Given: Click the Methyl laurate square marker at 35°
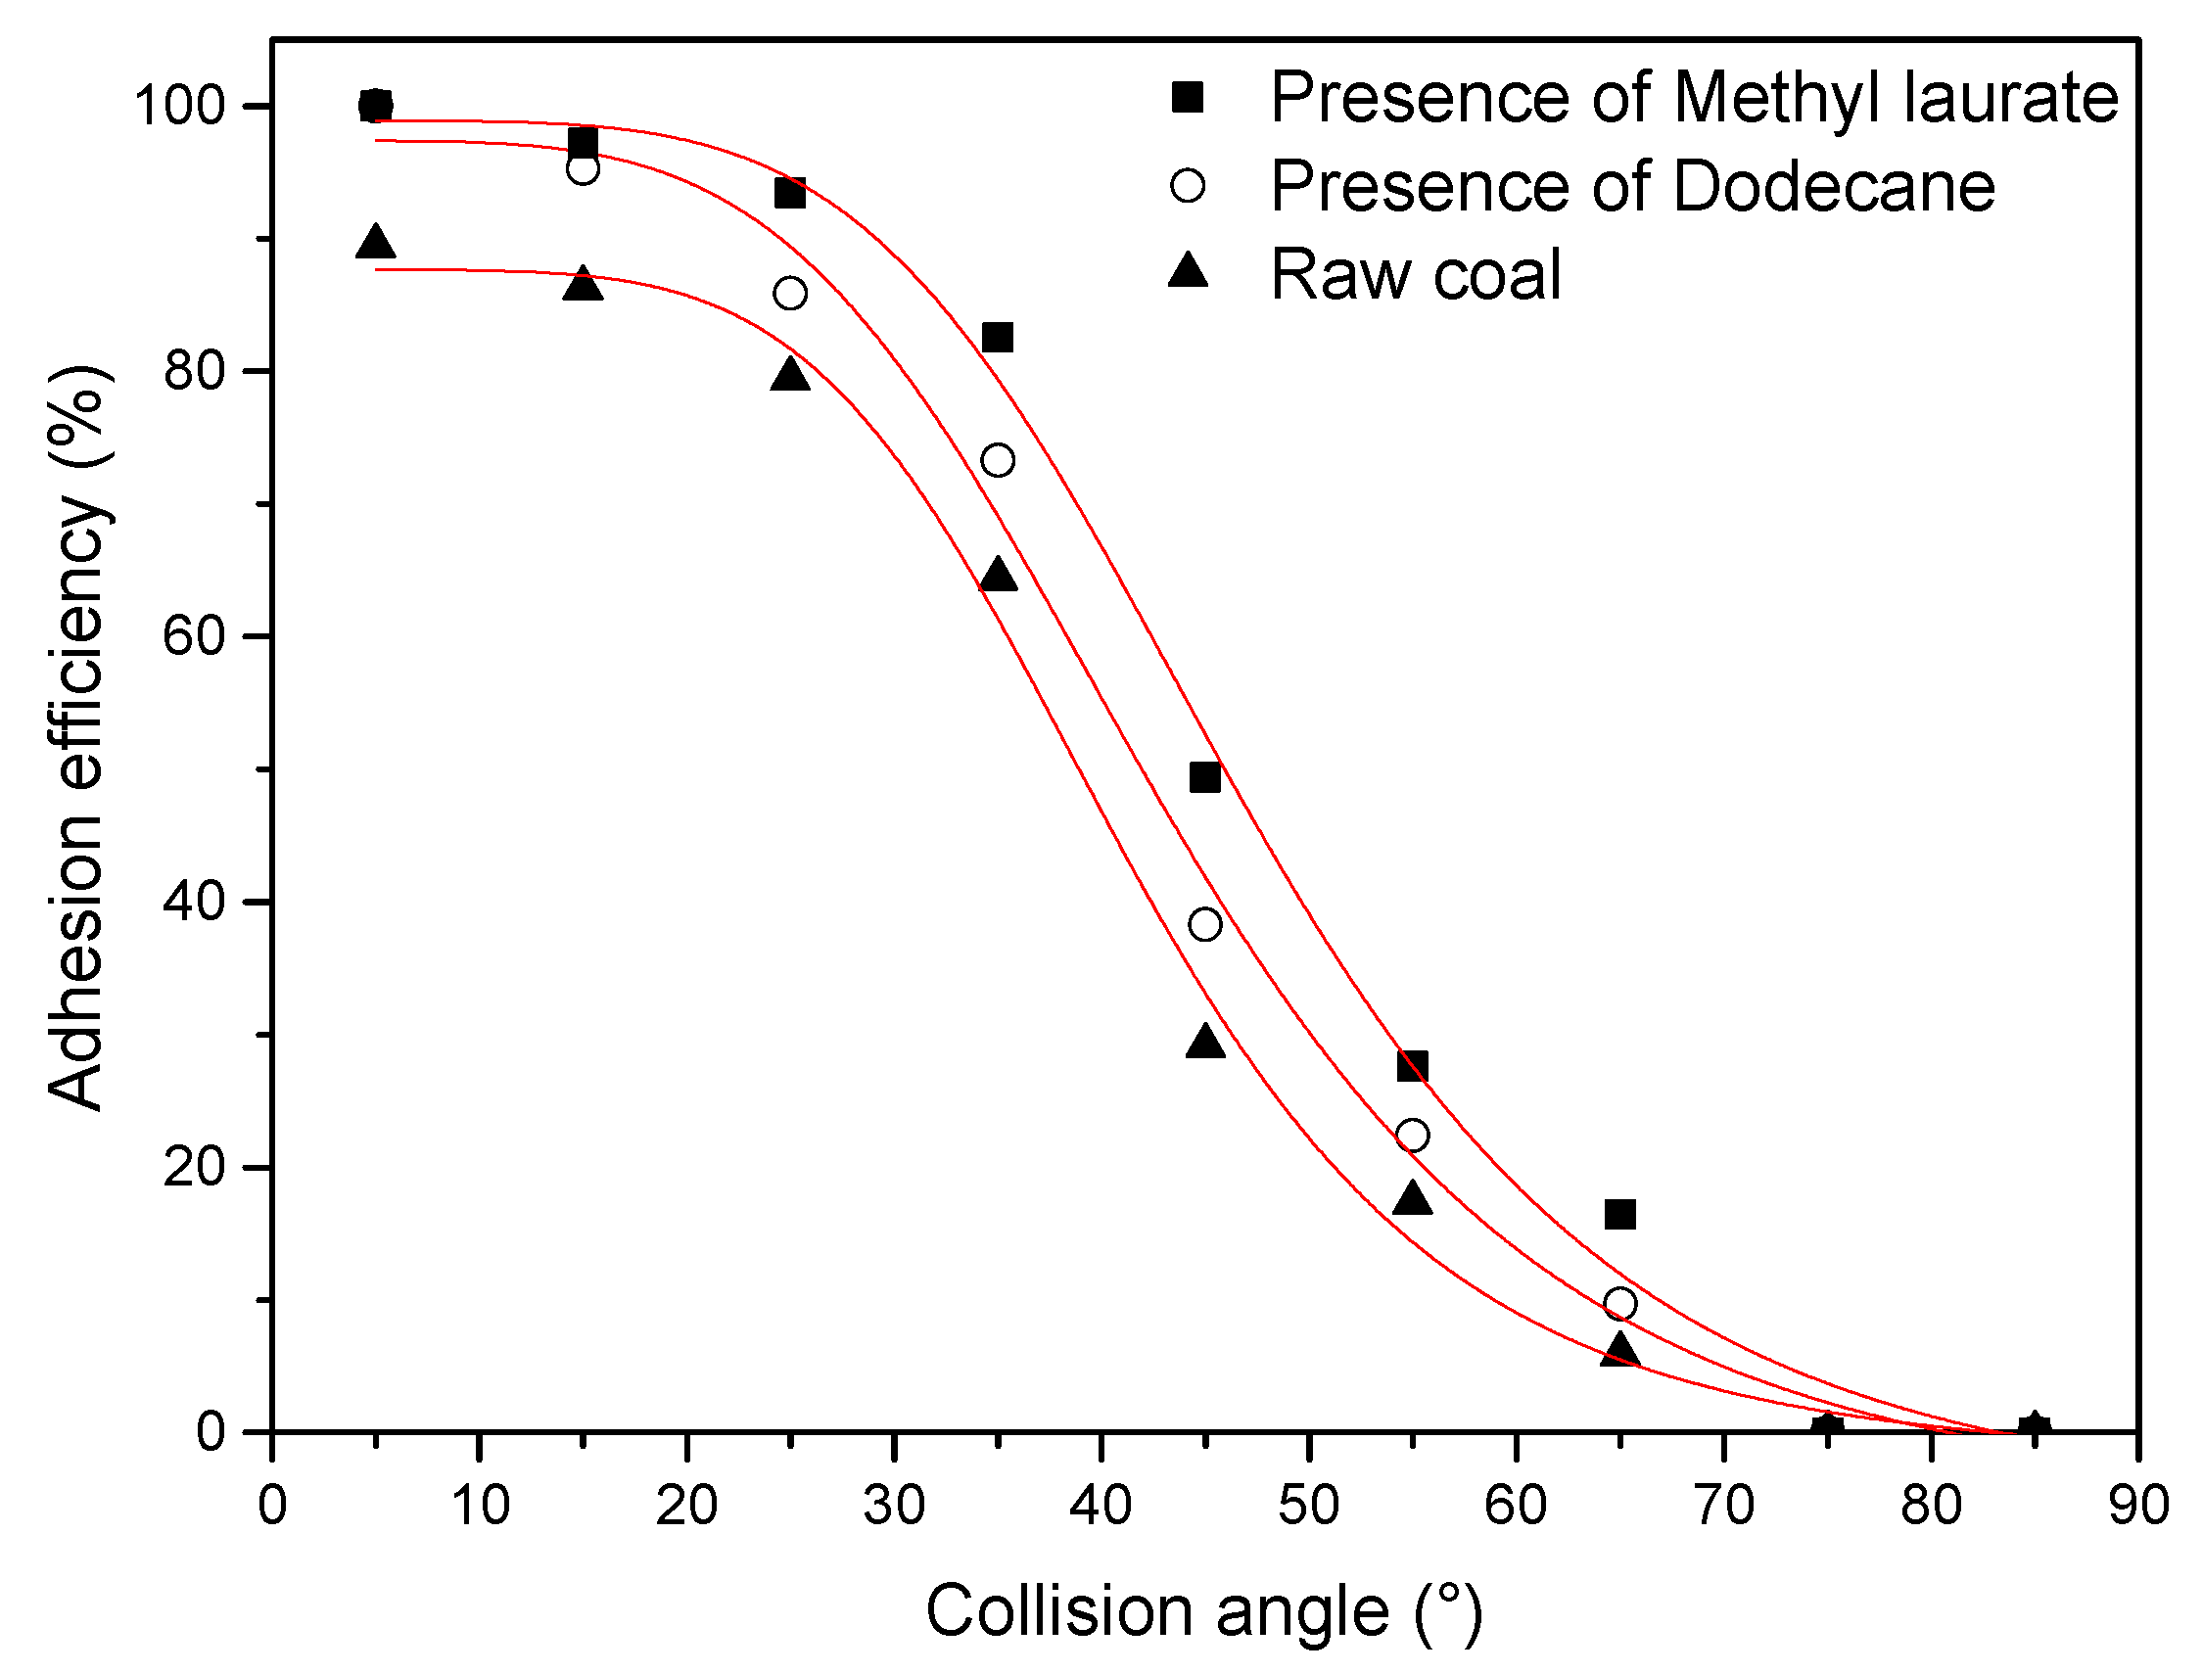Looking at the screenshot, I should click(997, 338).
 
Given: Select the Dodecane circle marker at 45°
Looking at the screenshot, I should click(1205, 924).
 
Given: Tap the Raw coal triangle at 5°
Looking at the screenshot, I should click(375, 242).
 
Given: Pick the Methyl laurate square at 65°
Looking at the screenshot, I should click(1620, 1214).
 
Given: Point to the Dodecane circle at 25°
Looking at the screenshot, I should click(790, 294).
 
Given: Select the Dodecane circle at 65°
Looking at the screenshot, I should click(1620, 1304).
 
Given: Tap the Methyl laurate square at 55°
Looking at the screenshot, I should click(1412, 1066).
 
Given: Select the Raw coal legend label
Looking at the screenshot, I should click(1415, 275).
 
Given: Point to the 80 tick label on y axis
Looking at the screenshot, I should click(193, 370).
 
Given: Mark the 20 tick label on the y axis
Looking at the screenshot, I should click(193, 1167).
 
